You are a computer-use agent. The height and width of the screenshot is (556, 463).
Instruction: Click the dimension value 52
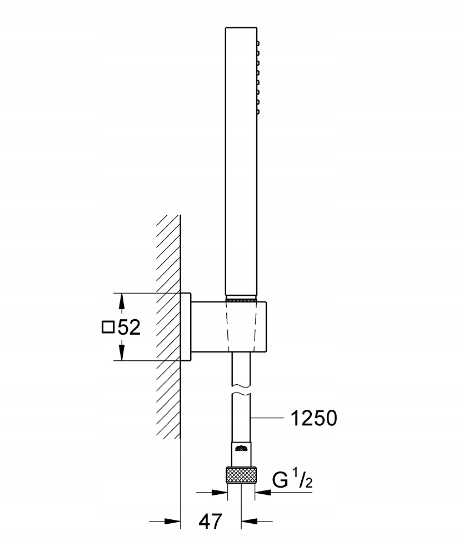[x=128, y=327]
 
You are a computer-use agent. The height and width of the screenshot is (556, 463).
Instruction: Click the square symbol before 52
[x=108, y=327]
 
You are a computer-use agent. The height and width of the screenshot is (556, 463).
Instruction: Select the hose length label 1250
[x=313, y=418]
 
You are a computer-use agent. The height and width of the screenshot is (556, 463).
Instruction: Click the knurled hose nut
[x=241, y=476]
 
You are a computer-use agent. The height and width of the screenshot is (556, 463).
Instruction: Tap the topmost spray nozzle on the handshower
[x=258, y=43]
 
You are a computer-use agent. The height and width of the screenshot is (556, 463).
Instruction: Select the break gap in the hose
[x=241, y=390]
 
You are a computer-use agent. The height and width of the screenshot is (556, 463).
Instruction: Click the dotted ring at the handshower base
[x=241, y=300]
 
